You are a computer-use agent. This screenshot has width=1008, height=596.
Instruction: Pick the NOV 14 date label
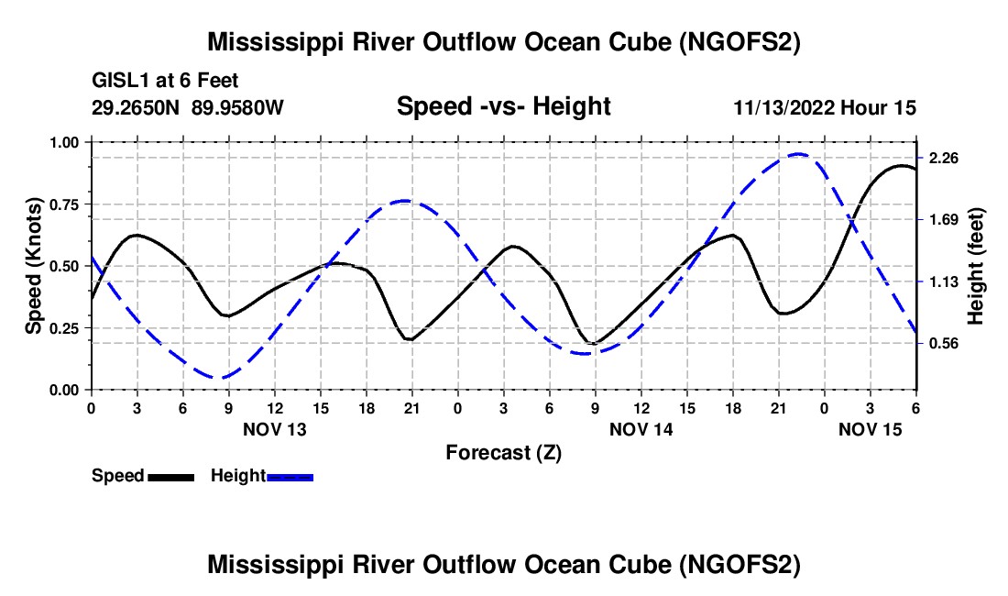(641, 429)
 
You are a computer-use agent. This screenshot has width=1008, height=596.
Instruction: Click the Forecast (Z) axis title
(503, 452)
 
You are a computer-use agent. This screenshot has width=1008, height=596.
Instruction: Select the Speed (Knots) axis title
(34, 266)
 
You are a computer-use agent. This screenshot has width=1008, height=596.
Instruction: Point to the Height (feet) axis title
(976, 266)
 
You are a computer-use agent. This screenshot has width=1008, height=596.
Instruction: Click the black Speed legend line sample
(170, 477)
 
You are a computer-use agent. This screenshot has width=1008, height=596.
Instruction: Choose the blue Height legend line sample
(290, 477)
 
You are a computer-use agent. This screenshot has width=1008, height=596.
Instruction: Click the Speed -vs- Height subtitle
(503, 107)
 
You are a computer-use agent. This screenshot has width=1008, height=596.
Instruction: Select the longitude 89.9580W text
(238, 108)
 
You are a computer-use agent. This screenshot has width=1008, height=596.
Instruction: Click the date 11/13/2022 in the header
(783, 108)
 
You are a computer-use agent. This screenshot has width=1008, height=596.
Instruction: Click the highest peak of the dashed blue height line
(798, 154)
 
